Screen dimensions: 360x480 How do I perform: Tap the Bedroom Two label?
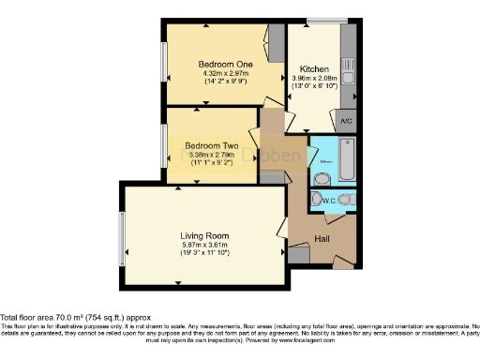pos(211,146)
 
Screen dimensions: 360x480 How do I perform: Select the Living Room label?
pos(204,235)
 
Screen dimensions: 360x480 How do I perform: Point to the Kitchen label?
pos(313,69)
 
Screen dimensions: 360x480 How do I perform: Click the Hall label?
pos(322,239)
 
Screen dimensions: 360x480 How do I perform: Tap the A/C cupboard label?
pos(345,122)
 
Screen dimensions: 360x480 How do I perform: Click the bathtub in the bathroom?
pos(347,160)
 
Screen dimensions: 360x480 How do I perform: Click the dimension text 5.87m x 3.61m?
pos(204,246)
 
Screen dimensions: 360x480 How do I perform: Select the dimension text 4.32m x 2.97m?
pos(223,72)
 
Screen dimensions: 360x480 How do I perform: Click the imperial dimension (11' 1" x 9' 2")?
pos(211,163)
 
